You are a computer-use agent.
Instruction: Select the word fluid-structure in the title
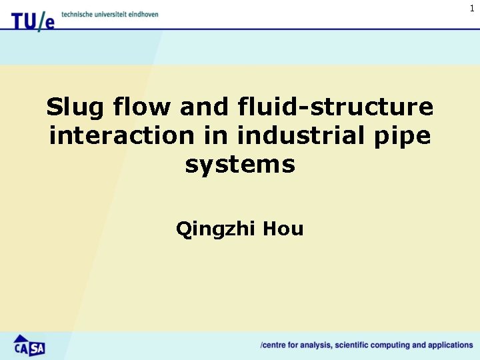tap(335, 107)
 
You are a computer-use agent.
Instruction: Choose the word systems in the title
tap(240, 165)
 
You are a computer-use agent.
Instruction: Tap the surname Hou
tap(283, 229)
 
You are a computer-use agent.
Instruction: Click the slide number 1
tap(472, 8)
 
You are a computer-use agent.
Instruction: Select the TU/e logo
tap(32, 21)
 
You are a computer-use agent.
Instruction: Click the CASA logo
tap(29, 345)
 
